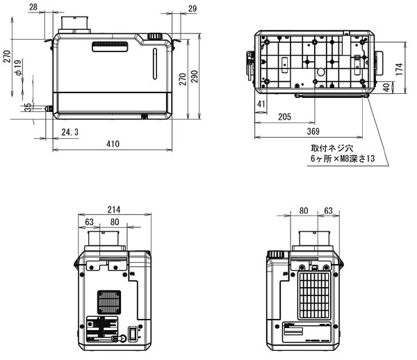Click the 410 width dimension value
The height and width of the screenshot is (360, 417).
(113, 144)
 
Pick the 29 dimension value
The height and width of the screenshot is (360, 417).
(192, 7)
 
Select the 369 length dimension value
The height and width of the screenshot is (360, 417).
(312, 131)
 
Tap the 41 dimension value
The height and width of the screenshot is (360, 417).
(261, 104)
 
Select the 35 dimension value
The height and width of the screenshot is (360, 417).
(27, 107)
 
